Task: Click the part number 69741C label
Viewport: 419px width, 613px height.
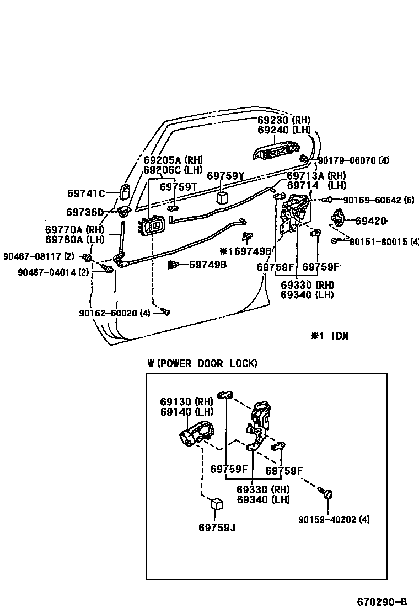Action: [85, 193]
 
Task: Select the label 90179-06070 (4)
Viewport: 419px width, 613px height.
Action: [353, 160]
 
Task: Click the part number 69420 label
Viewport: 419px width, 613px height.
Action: [370, 221]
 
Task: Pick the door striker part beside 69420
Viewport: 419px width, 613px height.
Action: [337, 218]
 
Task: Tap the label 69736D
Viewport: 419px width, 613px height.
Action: [84, 212]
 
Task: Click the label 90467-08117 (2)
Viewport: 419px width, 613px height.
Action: [38, 256]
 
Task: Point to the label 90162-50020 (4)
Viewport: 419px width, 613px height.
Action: [114, 313]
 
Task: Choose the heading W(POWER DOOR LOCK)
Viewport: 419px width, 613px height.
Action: [202, 363]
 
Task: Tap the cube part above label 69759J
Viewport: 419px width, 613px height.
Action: [217, 505]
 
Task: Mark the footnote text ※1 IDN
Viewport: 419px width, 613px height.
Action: [330, 336]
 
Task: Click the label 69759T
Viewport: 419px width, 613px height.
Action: [178, 187]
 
